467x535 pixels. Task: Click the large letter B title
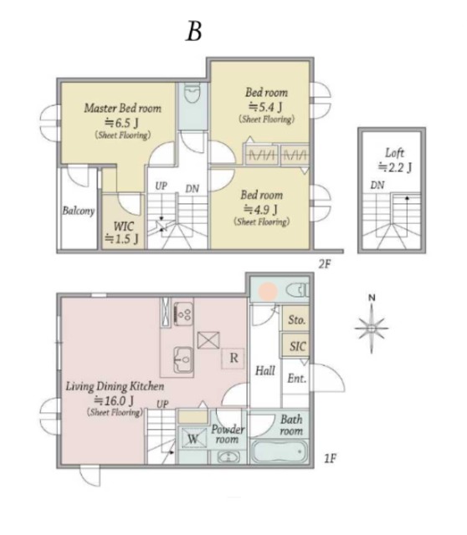pyautogui.click(x=193, y=32)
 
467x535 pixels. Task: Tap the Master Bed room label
pyautogui.click(x=123, y=108)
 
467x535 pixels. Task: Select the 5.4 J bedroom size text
pyautogui.click(x=265, y=107)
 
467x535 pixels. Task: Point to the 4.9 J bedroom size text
pyautogui.click(x=260, y=209)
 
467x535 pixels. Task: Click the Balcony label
pyautogui.click(x=78, y=211)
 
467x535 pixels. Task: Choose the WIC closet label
pyautogui.click(x=123, y=227)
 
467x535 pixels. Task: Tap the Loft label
pyautogui.click(x=394, y=153)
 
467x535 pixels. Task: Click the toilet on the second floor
pyautogui.click(x=192, y=93)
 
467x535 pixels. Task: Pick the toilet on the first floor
pyautogui.click(x=298, y=291)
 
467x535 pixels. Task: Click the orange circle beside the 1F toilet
pyautogui.click(x=268, y=291)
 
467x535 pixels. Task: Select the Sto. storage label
pyautogui.click(x=296, y=319)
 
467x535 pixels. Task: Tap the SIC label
pyautogui.click(x=298, y=346)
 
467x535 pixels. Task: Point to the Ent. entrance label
pyautogui.click(x=296, y=378)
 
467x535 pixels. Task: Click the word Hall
pyautogui.click(x=265, y=370)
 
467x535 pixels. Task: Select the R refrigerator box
pyautogui.click(x=233, y=358)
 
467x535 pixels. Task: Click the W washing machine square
pyautogui.click(x=193, y=438)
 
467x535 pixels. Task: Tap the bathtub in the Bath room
pyautogui.click(x=279, y=452)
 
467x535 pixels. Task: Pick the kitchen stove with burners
pyautogui.click(x=183, y=313)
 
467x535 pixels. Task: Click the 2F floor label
pyautogui.click(x=325, y=263)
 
